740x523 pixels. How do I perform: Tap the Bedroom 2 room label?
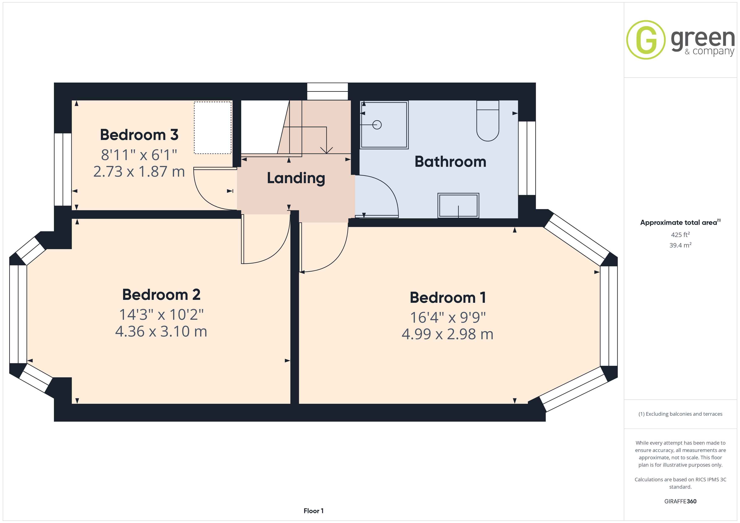point(161,294)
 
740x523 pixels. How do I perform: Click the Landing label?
point(296,178)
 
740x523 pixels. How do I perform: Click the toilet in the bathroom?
point(488,121)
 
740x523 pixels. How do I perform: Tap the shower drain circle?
point(377,125)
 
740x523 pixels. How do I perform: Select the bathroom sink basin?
point(458,206)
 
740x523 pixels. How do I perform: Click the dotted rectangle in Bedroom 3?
point(213,128)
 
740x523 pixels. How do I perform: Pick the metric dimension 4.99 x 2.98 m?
point(447,334)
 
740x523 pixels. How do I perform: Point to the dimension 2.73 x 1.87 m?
point(139,171)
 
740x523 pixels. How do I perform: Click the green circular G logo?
point(646,40)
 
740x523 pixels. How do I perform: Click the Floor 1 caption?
point(313,511)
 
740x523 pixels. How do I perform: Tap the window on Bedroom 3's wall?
point(63,169)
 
